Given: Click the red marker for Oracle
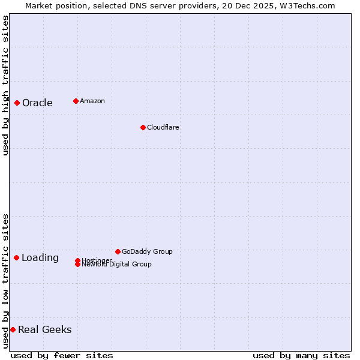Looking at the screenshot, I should pyautogui.click(x=17, y=103).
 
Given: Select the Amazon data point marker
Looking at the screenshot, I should pyautogui.click(x=76, y=101).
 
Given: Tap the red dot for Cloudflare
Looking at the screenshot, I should pyautogui.click(x=143, y=127).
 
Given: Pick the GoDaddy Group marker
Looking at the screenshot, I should pyautogui.click(x=118, y=251).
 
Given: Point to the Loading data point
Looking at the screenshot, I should pyautogui.click(x=16, y=257).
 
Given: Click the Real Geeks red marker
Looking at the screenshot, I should pyautogui.click(x=13, y=329).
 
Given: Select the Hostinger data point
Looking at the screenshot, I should pyautogui.click(x=77, y=260).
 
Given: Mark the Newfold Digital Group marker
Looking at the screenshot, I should pyautogui.click(x=77, y=265).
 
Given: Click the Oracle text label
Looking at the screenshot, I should pyautogui.click(x=37, y=103).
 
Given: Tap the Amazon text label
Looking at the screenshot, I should pyautogui.click(x=92, y=101).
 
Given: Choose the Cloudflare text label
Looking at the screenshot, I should pyautogui.click(x=163, y=127).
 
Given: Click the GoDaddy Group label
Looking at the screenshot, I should pyautogui.click(x=147, y=251).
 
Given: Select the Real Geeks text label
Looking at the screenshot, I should pyautogui.click(x=45, y=329).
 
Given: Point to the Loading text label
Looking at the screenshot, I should pyautogui.click(x=40, y=258).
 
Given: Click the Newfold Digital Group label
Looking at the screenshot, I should pyautogui.click(x=117, y=265).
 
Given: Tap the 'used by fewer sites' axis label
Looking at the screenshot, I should pyautogui.click(x=62, y=356).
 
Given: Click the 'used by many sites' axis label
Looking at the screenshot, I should pyautogui.click(x=301, y=356).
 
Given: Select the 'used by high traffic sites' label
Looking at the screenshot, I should pyautogui.click(x=5, y=85).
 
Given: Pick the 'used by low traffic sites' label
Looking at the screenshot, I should pyautogui.click(x=5, y=280).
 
